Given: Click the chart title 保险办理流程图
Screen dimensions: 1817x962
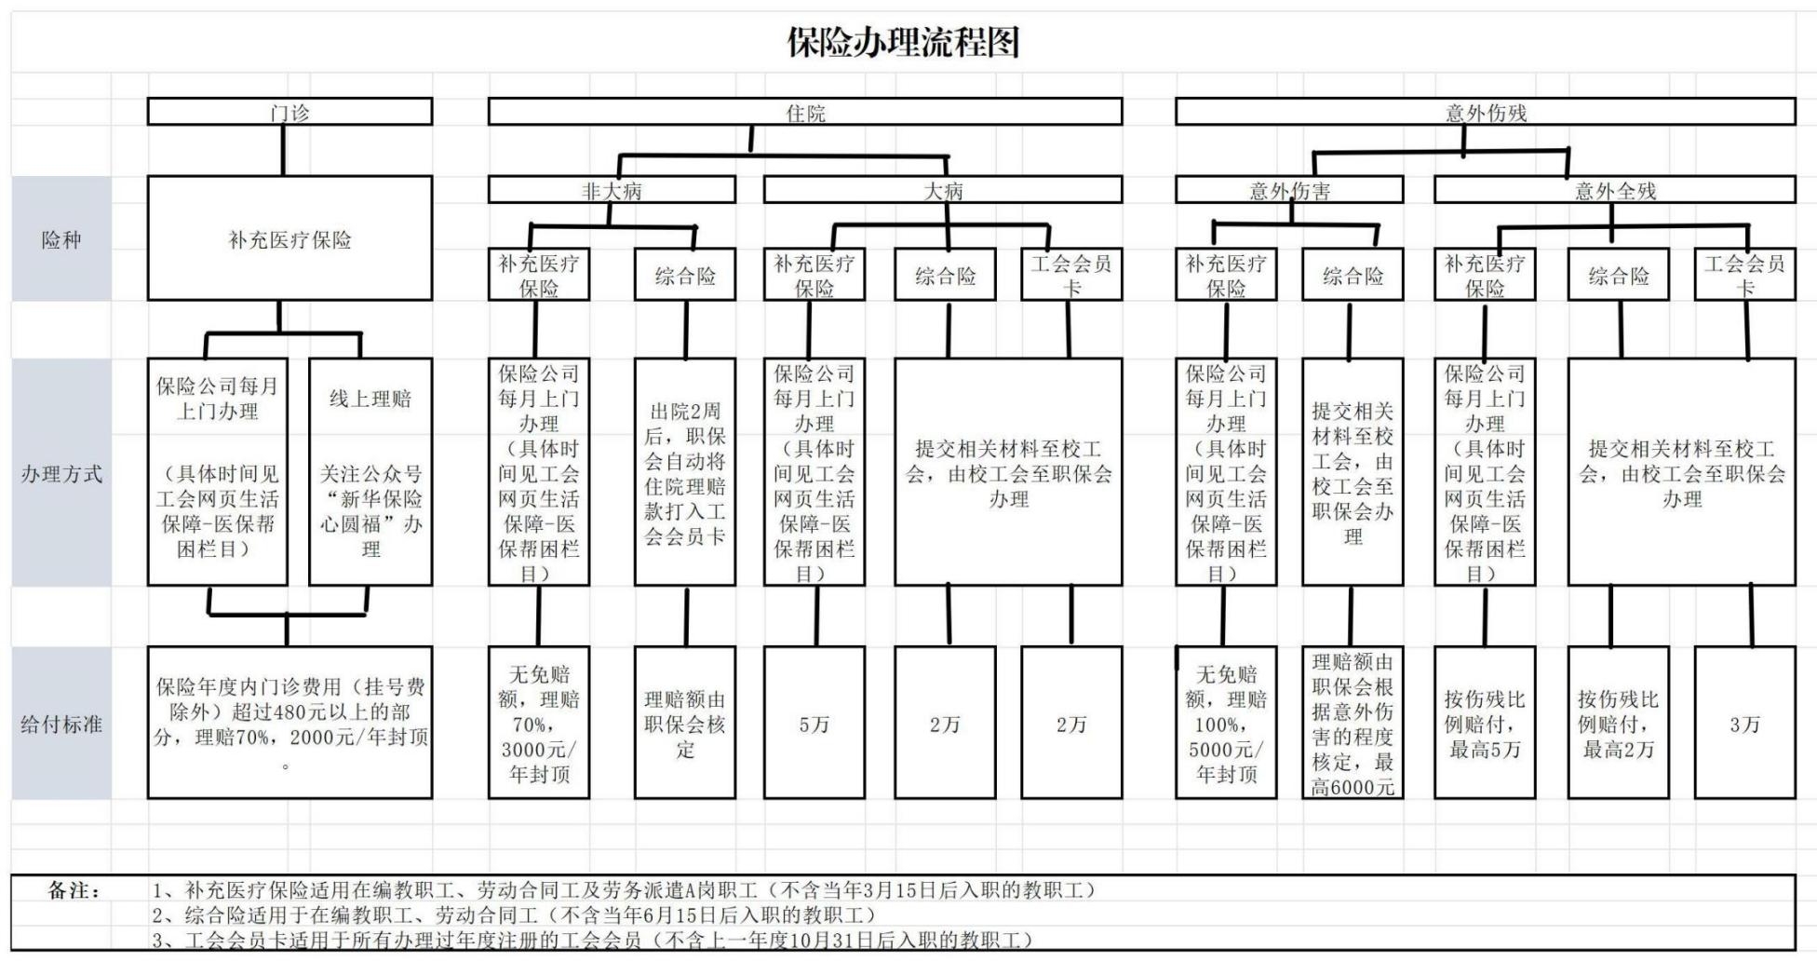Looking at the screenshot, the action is click(903, 43).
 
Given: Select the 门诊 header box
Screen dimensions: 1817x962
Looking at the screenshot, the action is click(289, 112).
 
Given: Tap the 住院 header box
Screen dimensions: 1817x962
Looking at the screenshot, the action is click(805, 112).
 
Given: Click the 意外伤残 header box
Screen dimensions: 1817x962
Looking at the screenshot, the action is click(1486, 112).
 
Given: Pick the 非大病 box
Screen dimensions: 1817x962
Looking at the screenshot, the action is click(612, 190).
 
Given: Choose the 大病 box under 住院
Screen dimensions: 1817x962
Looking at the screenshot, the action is click(943, 190).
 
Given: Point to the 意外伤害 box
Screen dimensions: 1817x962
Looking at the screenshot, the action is click(1289, 190).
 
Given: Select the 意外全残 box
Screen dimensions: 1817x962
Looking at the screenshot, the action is click(1615, 190).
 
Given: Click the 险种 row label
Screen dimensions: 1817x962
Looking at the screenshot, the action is click(61, 239).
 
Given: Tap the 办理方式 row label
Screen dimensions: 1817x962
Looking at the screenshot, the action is click(61, 473).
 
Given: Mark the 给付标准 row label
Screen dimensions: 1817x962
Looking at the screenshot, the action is click(61, 724).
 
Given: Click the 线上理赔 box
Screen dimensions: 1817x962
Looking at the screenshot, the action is click(370, 472).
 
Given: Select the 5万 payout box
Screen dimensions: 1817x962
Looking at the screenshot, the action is click(814, 723).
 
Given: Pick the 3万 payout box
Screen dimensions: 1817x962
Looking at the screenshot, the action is click(1745, 723).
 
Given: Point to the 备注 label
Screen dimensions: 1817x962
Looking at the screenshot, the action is click(74, 890).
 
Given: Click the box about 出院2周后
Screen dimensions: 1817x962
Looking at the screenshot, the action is click(685, 472).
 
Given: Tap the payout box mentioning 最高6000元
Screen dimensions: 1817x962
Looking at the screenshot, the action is click(1353, 723).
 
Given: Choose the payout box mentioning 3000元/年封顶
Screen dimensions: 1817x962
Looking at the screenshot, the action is click(539, 723).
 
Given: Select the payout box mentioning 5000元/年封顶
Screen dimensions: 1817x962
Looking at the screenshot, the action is click(1226, 723).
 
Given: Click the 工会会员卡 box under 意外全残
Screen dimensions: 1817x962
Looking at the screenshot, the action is click(1745, 274).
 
